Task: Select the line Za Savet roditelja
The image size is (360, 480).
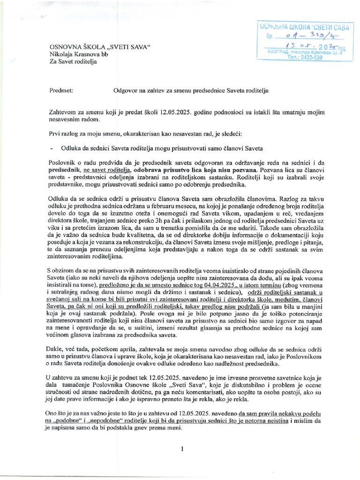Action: tap(73, 62)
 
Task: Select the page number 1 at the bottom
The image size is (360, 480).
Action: tap(182, 449)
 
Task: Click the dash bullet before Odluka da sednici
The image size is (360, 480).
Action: tap(51, 147)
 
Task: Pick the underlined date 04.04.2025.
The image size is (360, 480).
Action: tap(219, 285)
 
